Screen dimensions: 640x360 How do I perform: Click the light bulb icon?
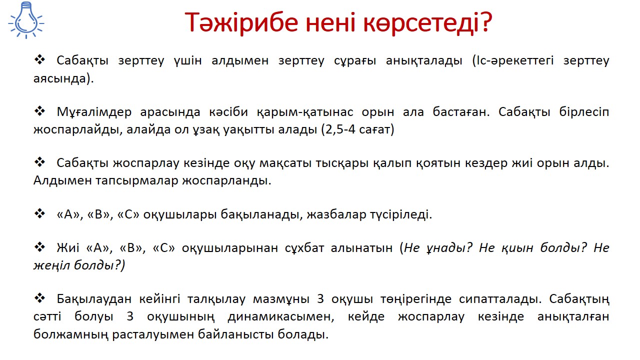[26, 20]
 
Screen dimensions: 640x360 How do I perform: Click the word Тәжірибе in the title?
[241, 22]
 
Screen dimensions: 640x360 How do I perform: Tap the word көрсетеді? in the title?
[427, 22]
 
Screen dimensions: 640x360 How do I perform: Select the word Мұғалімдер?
[94, 112]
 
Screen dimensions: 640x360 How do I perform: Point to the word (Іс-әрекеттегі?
[513, 61]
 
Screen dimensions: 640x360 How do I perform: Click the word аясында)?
[63, 78]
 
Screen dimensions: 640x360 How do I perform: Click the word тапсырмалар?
[137, 181]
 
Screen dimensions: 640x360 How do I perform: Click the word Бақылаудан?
[94, 299]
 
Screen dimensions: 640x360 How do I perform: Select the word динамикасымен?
[281, 317]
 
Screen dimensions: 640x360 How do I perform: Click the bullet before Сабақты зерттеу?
[39, 60]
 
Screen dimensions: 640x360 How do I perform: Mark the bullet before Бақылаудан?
[39, 298]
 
